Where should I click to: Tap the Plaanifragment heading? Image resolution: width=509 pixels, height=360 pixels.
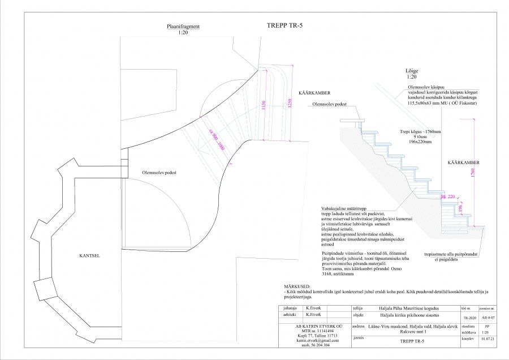coord(182,27)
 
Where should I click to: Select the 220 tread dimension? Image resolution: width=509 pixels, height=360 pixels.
coord(452,196)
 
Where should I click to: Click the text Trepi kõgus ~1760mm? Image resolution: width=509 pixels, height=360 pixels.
coord(420,131)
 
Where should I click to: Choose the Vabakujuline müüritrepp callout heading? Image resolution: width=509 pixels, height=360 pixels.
coord(346,208)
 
